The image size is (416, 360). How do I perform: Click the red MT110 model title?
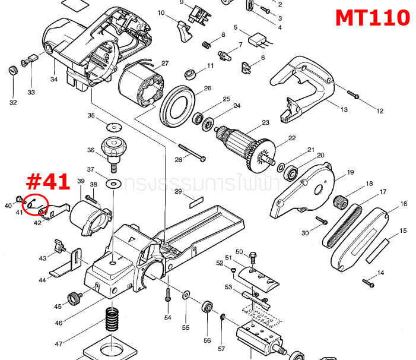pyautogui.click(x=372, y=17)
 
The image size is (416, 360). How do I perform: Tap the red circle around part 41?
pyautogui.click(x=34, y=206)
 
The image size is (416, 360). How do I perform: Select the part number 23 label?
pyautogui.click(x=265, y=122)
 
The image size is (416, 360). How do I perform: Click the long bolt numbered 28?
pyautogui.click(x=190, y=152)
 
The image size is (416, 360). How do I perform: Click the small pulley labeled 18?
pyautogui.click(x=342, y=203)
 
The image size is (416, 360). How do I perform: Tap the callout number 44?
pyautogui.click(x=43, y=279)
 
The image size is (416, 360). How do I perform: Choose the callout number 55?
pyautogui.click(x=186, y=327)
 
